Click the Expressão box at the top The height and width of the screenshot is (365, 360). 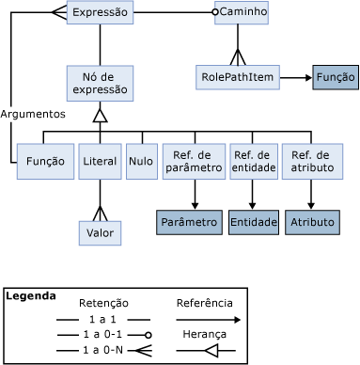point(100,12)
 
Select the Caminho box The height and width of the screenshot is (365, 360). point(243,12)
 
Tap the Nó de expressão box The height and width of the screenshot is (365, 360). point(100,83)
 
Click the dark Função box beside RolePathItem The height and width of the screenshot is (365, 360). point(336,76)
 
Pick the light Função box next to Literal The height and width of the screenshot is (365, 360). point(46,161)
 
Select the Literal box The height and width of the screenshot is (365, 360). point(100,161)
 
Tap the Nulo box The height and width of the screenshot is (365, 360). point(141,161)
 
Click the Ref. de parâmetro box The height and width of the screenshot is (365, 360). point(193,161)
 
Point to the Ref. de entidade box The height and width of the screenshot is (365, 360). point(253,161)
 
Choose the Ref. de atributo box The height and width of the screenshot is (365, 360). point(310,161)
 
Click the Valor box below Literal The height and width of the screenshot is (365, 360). point(100,231)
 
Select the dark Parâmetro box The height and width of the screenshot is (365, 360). point(188,222)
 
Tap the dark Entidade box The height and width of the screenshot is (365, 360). point(253,222)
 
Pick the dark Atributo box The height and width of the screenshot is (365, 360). point(310,222)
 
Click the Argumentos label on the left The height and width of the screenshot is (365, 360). point(33,113)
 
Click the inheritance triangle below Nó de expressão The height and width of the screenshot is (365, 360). point(100,115)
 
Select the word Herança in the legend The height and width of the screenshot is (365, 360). point(205,334)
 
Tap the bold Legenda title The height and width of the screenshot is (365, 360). point(30,295)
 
